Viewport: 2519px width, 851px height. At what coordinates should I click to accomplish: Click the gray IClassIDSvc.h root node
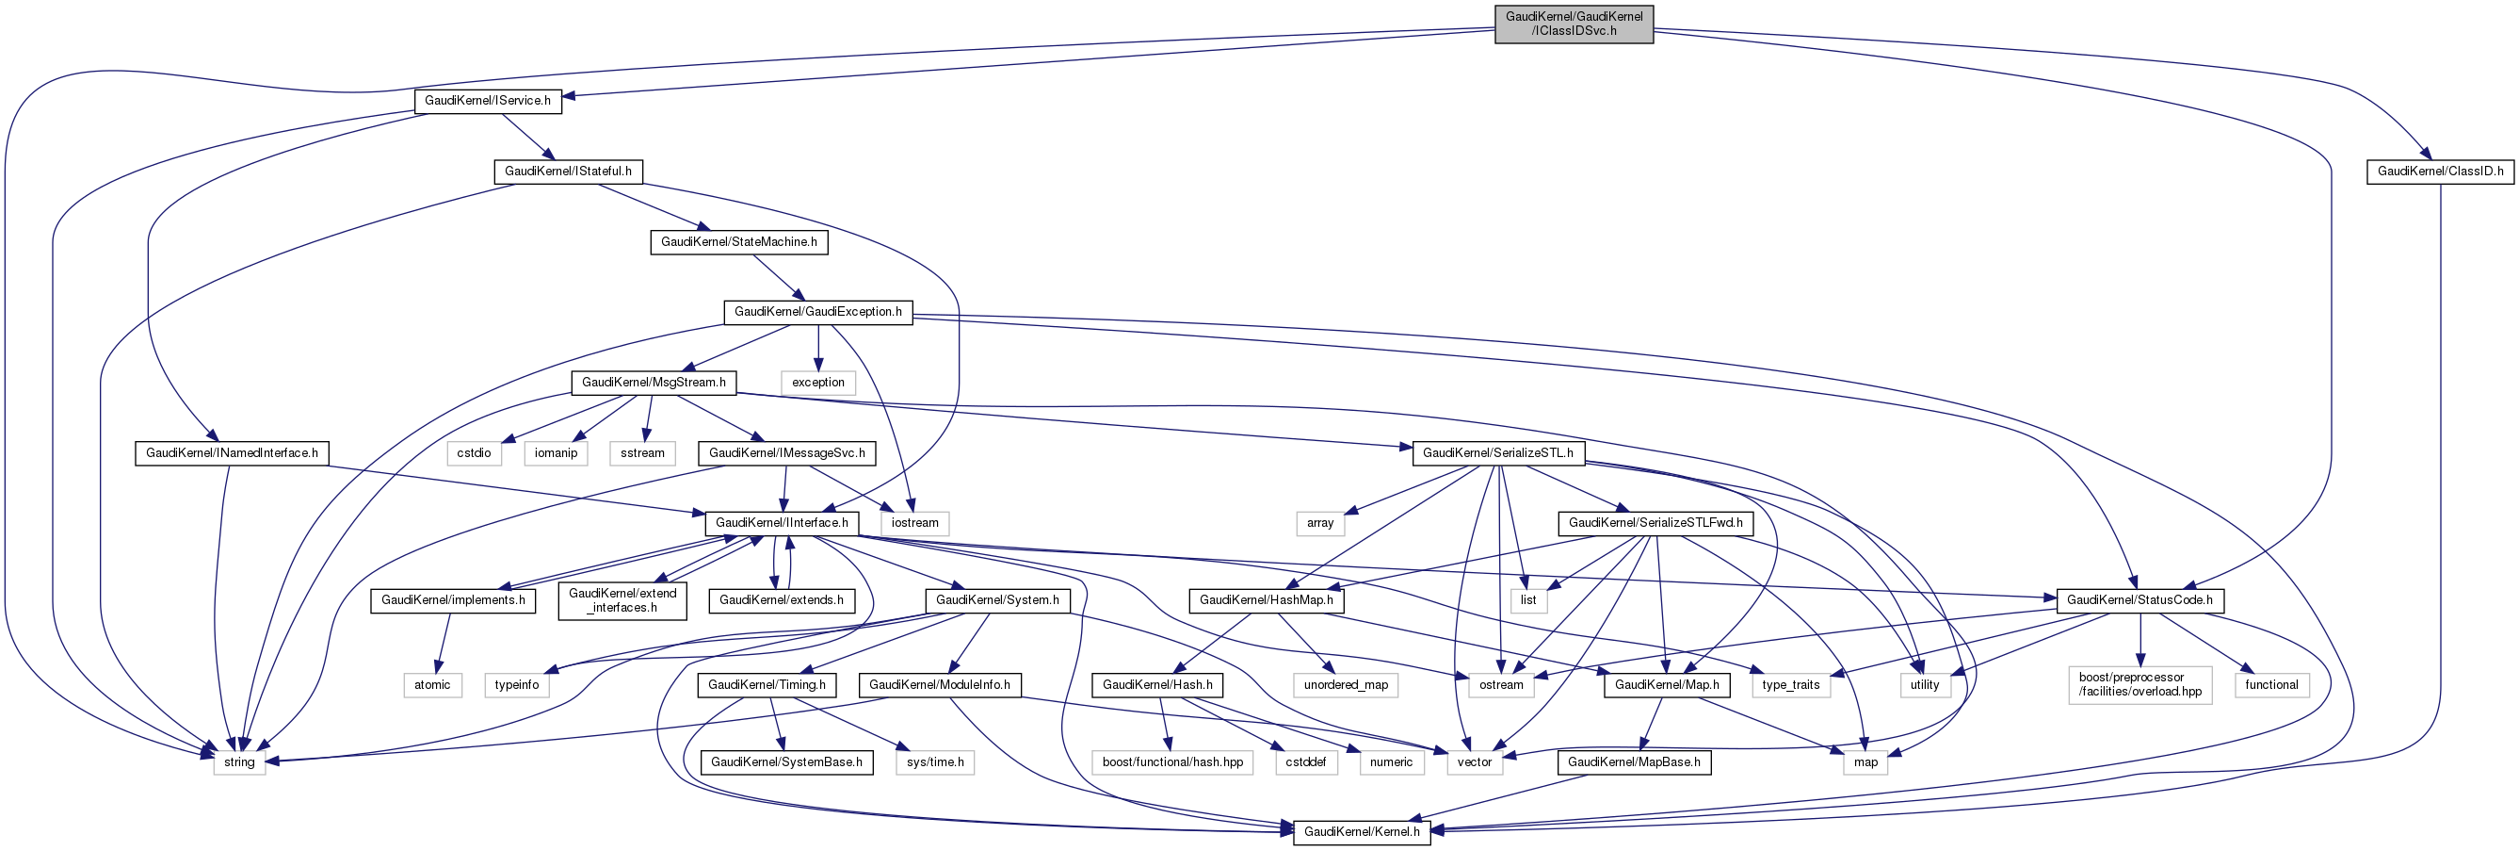1574,24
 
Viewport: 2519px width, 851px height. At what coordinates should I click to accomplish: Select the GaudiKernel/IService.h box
487,101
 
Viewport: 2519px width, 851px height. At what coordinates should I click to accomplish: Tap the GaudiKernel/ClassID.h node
2440,172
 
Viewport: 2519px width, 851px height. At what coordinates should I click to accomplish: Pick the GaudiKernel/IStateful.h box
567,172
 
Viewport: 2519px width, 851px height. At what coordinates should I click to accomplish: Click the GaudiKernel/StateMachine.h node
738,241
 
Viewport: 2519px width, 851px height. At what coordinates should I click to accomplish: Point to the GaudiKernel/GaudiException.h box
817,312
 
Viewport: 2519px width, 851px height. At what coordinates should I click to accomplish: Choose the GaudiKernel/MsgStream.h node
654,383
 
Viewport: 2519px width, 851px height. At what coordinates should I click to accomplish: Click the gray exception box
817,383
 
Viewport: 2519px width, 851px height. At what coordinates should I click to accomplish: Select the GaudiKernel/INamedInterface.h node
232,453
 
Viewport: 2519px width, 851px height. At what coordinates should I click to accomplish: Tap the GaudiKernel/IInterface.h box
782,523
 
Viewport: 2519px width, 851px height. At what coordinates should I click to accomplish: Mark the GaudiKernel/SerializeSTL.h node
1497,453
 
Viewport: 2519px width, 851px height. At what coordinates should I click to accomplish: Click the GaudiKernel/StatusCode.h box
2139,599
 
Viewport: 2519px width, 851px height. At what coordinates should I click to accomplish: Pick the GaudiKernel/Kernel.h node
1361,832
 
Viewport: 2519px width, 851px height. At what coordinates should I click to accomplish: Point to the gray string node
238,762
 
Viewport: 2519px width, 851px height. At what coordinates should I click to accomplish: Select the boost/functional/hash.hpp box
1172,762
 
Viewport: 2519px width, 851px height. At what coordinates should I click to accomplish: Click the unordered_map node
1346,685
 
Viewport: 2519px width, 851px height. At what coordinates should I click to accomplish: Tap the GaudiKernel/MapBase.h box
1634,762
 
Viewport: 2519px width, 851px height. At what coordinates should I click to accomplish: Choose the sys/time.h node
935,762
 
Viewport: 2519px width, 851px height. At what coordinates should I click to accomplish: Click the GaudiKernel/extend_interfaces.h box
622,600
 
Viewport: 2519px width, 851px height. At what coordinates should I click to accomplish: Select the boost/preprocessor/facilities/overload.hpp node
2140,685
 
